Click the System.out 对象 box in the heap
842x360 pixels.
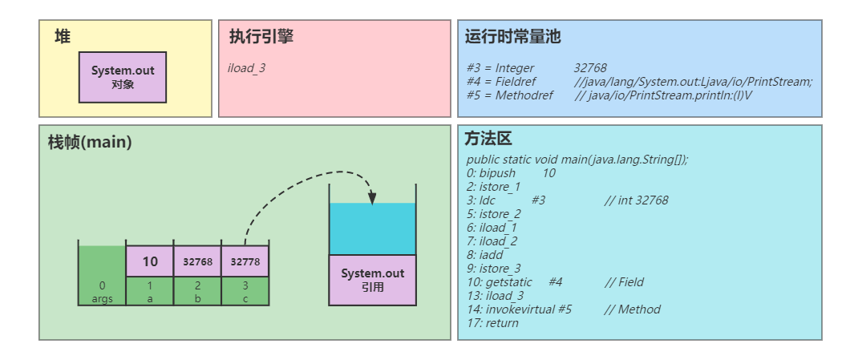click(123, 77)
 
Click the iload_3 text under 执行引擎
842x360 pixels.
click(247, 68)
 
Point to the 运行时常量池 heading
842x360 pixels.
click(512, 37)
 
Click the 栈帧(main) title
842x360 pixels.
click(90, 143)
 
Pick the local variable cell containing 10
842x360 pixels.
click(150, 261)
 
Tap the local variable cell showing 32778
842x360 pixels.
click(245, 261)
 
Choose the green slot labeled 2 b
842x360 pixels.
click(197, 290)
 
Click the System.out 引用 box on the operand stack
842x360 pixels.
click(373, 279)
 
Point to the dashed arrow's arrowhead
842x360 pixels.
click(372, 200)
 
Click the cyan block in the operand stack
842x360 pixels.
click(373, 229)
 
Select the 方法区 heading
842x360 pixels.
click(488, 139)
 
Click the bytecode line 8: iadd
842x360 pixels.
click(484, 255)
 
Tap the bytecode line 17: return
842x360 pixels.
click(492, 323)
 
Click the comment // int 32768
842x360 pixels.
click(636, 200)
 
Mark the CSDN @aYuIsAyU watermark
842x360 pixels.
click(786, 346)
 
